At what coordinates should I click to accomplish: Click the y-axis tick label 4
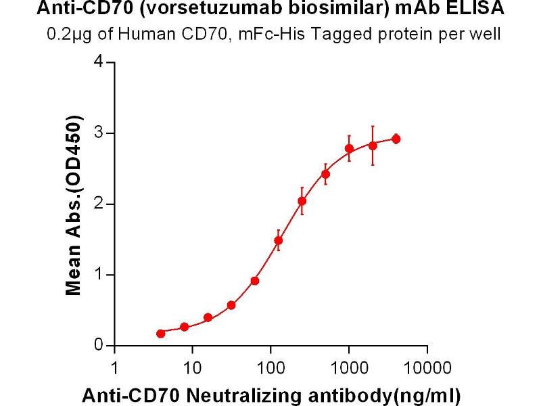pos(99,62)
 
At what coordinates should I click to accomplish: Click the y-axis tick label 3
pos(99,133)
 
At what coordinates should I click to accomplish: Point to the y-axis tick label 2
pos(99,204)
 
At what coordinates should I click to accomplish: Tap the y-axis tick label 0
pos(99,346)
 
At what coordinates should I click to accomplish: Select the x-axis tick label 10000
pos(427,369)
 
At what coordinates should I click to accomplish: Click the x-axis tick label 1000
pos(349,369)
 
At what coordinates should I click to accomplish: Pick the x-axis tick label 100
pos(270,369)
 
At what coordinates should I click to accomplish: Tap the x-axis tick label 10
pos(193,369)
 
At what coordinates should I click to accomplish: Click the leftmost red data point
pos(160,334)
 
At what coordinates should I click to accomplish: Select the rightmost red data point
pos(396,139)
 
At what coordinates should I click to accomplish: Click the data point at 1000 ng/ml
pos(349,148)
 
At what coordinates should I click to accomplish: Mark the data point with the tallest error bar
pos(373,145)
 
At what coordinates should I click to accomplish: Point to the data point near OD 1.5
pos(278,240)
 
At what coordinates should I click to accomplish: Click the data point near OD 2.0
pos(302,201)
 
